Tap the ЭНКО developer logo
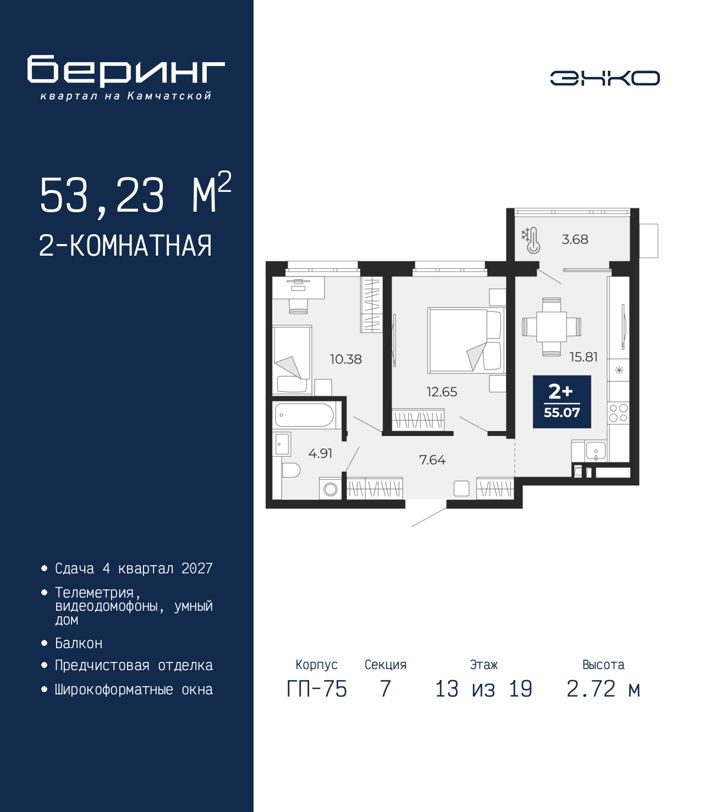(604, 78)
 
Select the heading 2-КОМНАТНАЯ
(125, 246)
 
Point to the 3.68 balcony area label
(575, 239)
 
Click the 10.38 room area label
(346, 359)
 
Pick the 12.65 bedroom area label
(442, 391)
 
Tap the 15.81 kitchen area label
(584, 357)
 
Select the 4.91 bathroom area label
(320, 454)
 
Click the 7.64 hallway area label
(432, 460)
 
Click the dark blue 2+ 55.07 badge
(562, 401)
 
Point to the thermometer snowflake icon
(531, 240)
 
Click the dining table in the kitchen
(552, 327)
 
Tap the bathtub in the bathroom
(305, 415)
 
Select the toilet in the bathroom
(290, 470)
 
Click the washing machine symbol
(330, 489)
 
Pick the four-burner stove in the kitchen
(618, 413)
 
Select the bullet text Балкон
(79, 643)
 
